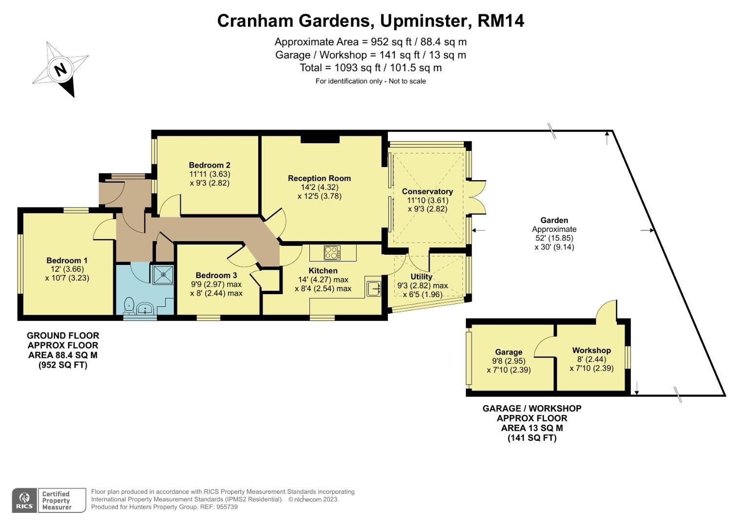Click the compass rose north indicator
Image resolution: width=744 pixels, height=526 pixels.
tap(60, 70)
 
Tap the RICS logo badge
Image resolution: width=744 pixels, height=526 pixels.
tap(24, 500)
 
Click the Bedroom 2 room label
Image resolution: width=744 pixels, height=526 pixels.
tap(210, 165)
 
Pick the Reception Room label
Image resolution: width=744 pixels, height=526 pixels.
tap(319, 178)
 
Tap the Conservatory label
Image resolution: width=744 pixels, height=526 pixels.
tap(427, 191)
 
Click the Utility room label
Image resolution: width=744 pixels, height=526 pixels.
tap(421, 277)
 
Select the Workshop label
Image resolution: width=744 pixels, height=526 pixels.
tap(591, 350)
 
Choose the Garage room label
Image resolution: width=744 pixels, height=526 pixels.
tap(508, 352)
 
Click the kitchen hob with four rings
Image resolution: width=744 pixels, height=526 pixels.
tap(332, 253)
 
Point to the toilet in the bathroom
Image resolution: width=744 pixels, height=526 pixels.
tap(129, 305)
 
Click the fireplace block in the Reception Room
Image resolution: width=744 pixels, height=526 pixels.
tap(320, 139)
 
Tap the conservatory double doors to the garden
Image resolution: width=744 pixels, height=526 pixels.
tap(478, 197)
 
